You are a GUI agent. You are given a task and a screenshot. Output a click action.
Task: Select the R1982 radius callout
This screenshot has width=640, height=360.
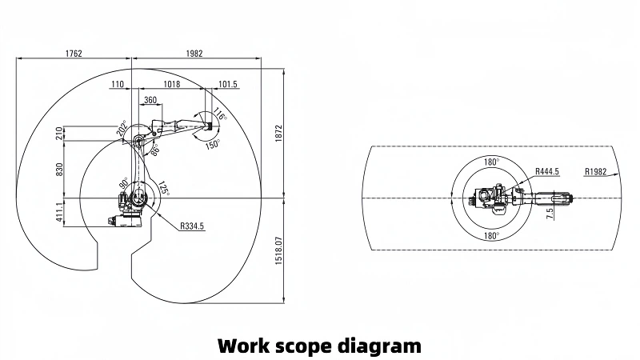point(597,171)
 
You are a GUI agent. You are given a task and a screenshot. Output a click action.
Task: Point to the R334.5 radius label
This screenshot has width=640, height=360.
point(192,227)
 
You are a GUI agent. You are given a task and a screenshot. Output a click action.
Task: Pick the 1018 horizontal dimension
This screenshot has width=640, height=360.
point(171,84)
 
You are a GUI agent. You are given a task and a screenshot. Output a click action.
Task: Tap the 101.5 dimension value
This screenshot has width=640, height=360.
point(228,84)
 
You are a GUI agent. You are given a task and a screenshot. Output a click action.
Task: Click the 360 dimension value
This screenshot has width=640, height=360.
point(149,101)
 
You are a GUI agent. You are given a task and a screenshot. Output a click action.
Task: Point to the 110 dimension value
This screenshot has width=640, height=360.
point(118,84)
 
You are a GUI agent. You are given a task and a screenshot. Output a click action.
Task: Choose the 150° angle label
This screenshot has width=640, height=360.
point(212,145)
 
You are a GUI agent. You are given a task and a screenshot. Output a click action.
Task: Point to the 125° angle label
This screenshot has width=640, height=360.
point(163,190)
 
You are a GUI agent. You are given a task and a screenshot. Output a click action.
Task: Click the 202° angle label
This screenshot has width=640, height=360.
point(122,128)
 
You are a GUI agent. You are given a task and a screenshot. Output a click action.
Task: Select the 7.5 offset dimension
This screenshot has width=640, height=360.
point(550,214)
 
